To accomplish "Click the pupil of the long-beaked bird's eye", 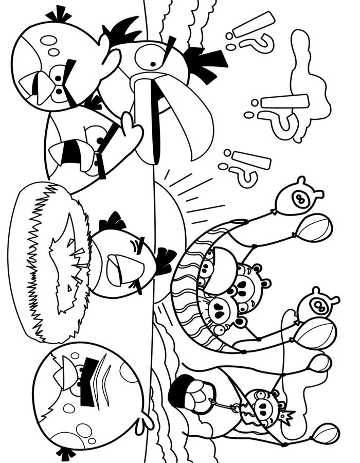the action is pos(153,64).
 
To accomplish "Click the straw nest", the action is pos(47,263).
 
